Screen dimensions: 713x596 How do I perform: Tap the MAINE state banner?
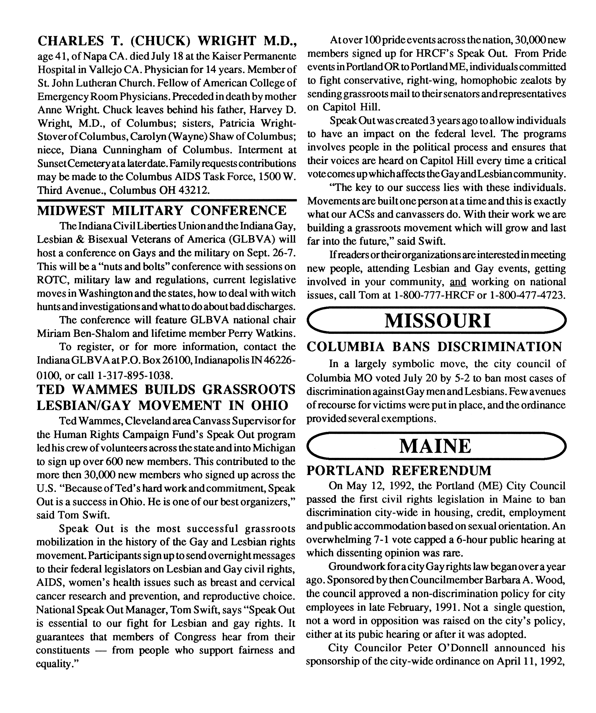[x=437, y=446]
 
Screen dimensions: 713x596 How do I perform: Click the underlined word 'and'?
[x=458, y=282]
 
